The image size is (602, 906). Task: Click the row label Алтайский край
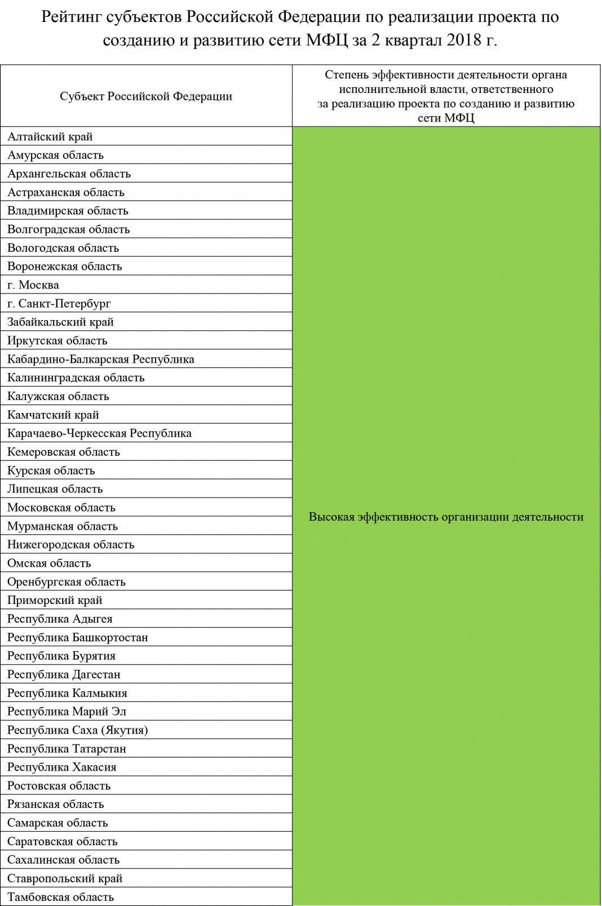coord(50,137)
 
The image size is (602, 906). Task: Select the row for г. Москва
coord(33,285)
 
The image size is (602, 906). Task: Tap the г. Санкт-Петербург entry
coord(59,304)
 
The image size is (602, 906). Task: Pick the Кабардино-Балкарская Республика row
coord(101,359)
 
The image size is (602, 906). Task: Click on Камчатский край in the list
coord(54,415)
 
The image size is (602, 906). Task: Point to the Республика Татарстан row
coord(67,749)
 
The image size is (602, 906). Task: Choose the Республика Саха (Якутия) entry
coord(78,730)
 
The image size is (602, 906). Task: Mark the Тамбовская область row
coord(61,897)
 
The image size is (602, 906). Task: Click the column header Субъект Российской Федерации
coord(146,96)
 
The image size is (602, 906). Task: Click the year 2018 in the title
coord(464,41)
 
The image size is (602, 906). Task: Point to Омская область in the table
coord(49,563)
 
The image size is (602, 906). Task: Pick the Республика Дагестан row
coord(64,674)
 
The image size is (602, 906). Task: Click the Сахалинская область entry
coord(64,860)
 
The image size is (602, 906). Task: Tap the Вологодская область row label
coord(63,248)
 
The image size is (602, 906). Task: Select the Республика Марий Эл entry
coord(67,712)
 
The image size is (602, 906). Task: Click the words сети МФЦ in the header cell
coord(446,118)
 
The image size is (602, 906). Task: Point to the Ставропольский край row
coord(65,878)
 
